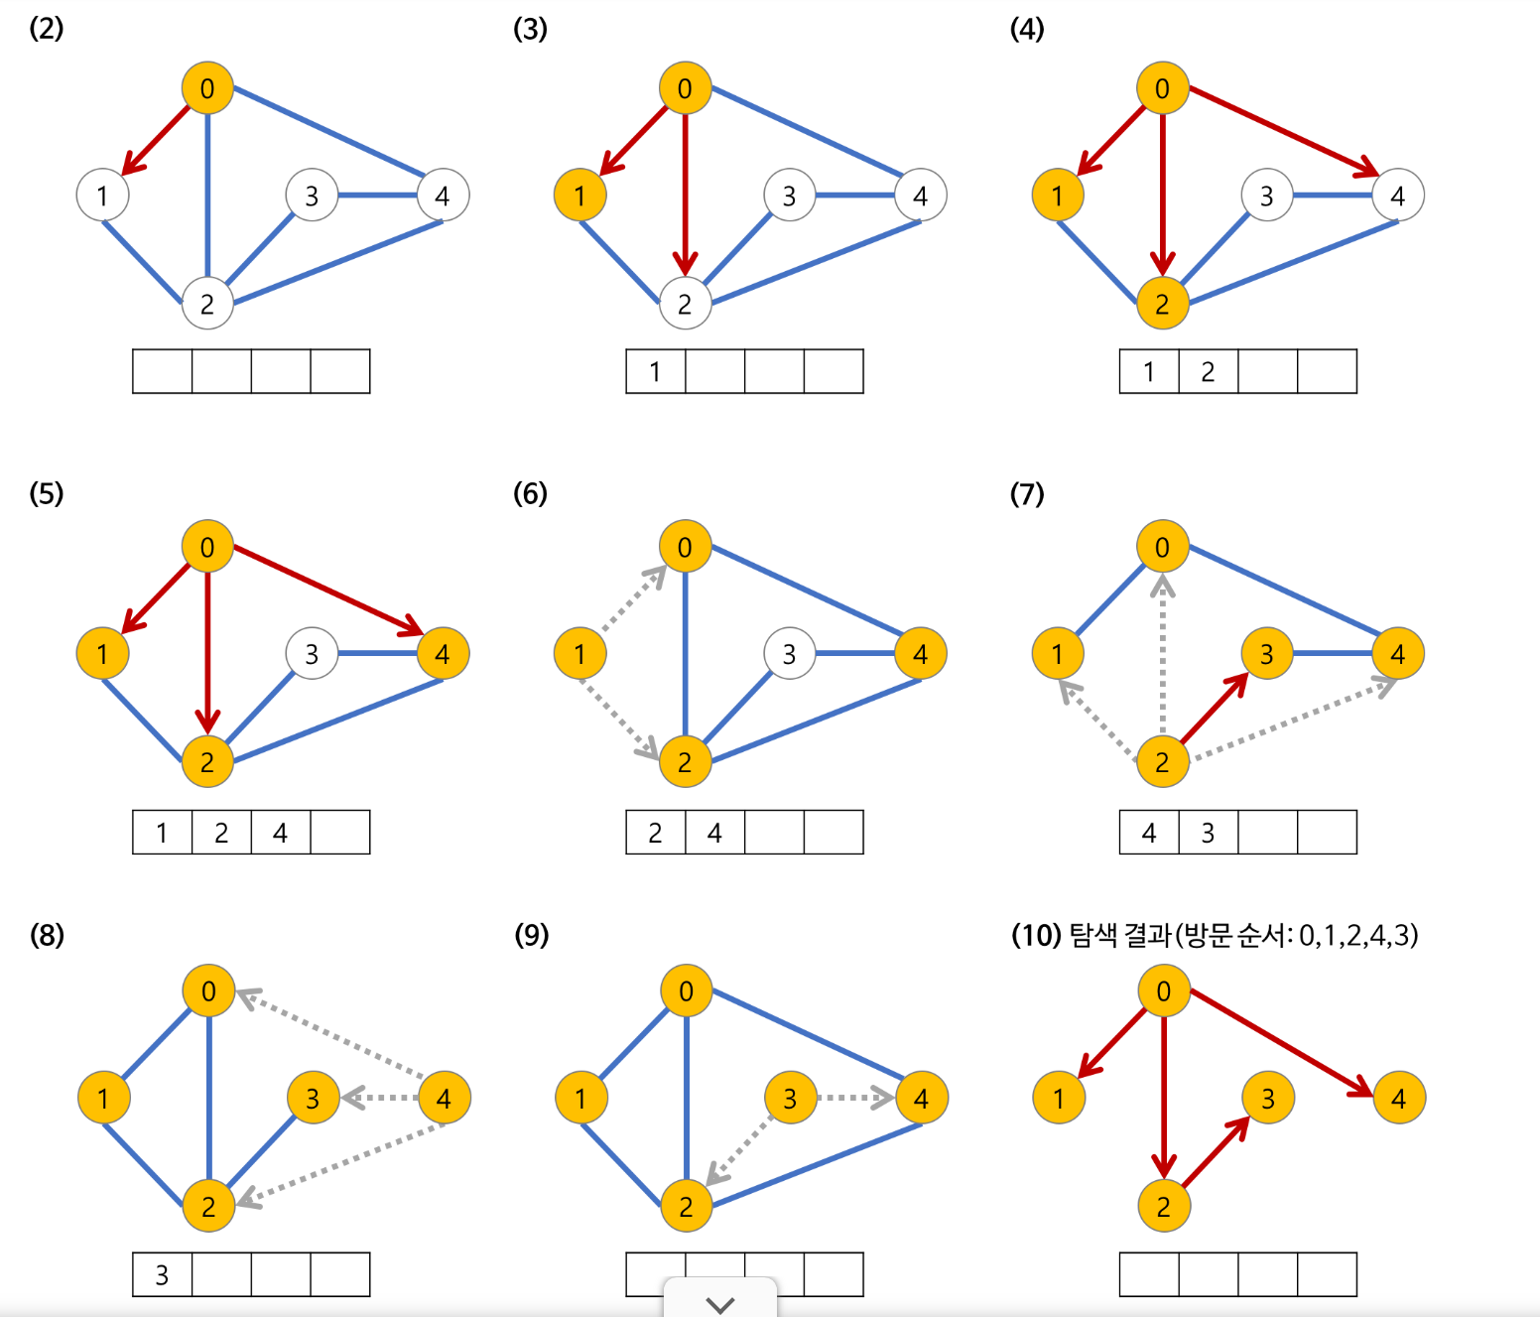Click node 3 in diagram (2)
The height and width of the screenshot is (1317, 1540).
tap(312, 196)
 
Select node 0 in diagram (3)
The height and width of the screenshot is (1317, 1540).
tap(685, 88)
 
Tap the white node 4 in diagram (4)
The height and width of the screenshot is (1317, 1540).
tap(1397, 196)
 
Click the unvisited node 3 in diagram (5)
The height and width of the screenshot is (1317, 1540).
tap(312, 654)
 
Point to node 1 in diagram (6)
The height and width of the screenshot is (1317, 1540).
tap(579, 654)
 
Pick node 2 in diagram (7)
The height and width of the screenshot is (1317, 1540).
tap(1162, 762)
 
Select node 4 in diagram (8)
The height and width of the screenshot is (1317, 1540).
tap(444, 1099)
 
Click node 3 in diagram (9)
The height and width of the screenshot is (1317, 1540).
tap(790, 1099)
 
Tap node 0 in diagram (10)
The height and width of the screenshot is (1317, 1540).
tap(1163, 990)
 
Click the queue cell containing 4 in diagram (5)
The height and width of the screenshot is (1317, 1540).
tap(281, 833)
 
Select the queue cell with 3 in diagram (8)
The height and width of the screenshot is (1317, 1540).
tap(162, 1275)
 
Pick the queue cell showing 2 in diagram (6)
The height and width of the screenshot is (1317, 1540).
tap(655, 833)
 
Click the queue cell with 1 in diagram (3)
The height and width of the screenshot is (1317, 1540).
tap(655, 372)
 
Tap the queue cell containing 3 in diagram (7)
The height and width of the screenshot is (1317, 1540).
tap(1208, 833)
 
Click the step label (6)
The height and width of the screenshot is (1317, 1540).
tap(530, 493)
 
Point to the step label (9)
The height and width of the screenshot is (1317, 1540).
tap(531, 935)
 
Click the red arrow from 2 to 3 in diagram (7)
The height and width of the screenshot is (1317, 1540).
tap(1215, 708)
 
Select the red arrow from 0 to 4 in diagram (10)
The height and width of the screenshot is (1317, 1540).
tap(1280, 1042)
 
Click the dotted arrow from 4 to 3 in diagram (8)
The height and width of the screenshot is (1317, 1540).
tap(381, 1098)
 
